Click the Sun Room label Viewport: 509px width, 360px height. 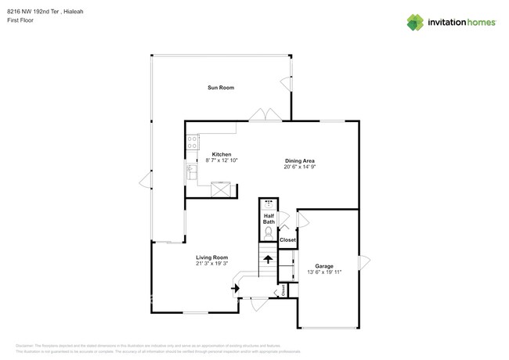pos(220,88)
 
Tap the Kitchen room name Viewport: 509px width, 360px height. pos(222,154)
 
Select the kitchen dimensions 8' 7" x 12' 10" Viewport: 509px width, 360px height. pos(222,160)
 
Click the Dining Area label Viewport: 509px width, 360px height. pos(299,160)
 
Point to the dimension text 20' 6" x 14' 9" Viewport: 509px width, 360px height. pos(299,167)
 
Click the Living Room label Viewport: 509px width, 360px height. pos(211,257)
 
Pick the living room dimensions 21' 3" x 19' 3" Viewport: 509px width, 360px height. pos(211,264)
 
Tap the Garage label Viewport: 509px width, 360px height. pos(324,266)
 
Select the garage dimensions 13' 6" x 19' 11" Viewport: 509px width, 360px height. pos(324,272)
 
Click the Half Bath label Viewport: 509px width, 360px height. pos(269,219)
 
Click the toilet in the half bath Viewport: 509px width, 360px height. pos(269,232)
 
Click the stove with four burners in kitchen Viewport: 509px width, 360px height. pos(193,142)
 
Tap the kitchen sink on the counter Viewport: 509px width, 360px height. pos(191,168)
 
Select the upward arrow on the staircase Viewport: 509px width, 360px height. pos(268,259)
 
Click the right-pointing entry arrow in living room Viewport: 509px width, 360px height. pos(234,288)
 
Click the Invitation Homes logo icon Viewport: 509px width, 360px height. pos(414,22)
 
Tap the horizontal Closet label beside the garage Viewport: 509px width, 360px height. pos(287,239)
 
